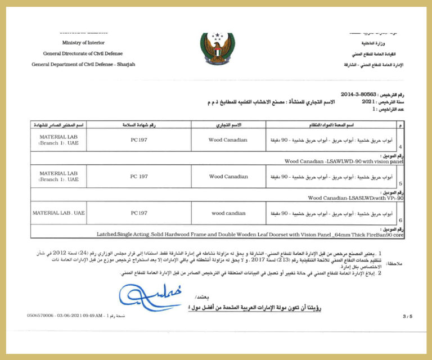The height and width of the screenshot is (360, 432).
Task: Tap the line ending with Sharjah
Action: tap(83, 64)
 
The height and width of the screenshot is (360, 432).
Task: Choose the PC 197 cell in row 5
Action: tap(139, 177)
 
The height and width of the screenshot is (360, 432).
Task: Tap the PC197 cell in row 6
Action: tap(139, 213)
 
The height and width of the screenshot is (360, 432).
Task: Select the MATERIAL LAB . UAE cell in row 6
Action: tap(58, 213)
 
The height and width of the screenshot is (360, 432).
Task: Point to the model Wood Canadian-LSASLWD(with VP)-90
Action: tap(356, 198)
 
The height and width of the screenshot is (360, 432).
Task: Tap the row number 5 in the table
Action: tap(400, 183)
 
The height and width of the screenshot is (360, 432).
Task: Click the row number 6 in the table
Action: tap(400, 220)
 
